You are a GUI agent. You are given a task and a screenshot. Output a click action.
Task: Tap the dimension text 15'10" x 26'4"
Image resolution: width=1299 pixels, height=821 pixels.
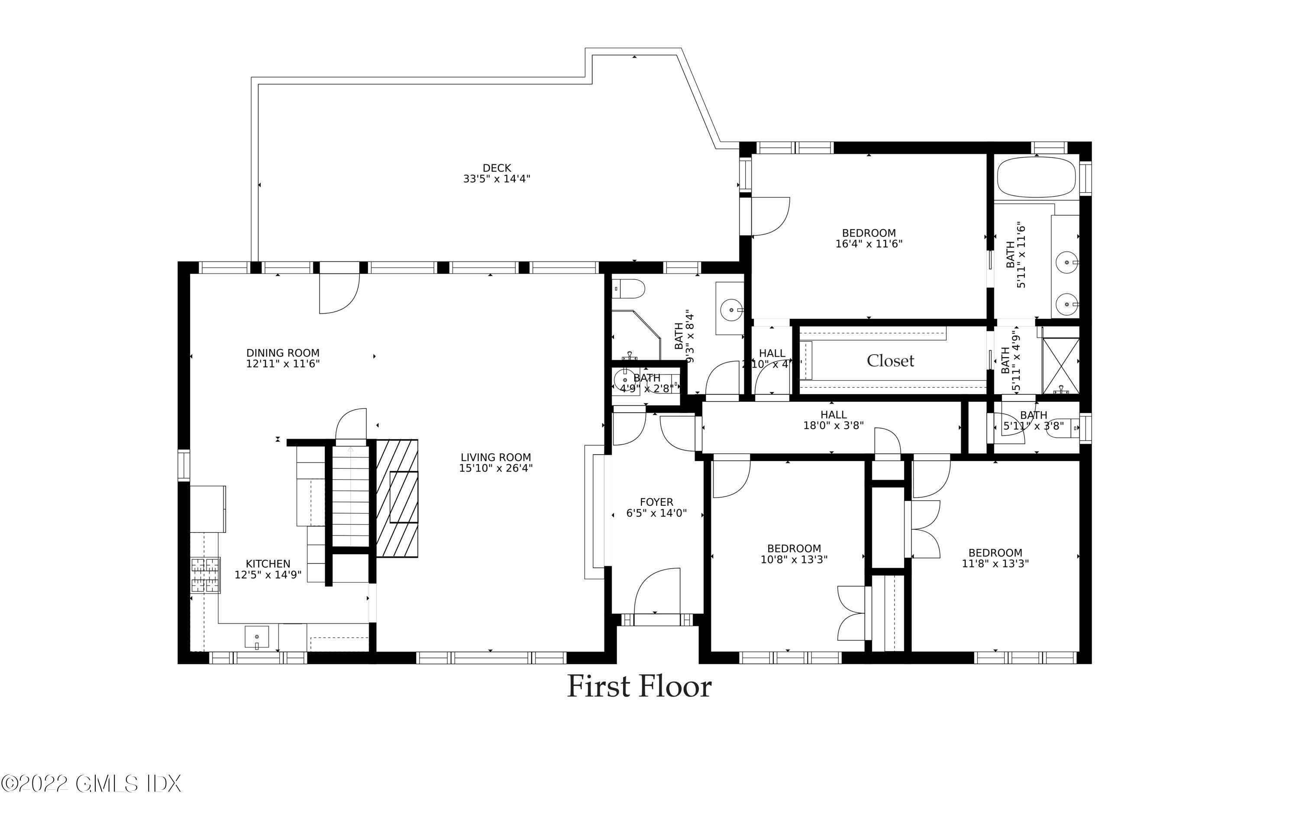(495, 468)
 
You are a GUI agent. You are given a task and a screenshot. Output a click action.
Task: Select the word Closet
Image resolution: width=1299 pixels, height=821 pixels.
(890, 361)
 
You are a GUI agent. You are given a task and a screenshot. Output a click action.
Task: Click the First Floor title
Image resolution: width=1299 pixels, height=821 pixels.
(639, 687)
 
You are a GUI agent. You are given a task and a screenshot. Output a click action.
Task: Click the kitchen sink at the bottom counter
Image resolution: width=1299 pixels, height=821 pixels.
(257, 637)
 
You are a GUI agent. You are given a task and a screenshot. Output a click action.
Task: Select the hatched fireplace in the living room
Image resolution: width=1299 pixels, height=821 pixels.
(397, 498)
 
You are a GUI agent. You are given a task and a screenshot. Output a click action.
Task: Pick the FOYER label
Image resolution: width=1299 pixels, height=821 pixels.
(656, 502)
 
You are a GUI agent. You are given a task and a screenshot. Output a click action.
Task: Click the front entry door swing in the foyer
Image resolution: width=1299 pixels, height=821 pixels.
(656, 591)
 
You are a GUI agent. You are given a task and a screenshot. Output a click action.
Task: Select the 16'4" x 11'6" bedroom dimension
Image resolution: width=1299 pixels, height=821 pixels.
(869, 244)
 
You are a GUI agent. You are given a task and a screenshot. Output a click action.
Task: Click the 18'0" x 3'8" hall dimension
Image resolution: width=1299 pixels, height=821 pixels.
(833, 425)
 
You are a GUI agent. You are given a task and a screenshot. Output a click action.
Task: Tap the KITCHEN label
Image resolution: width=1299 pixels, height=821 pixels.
(268, 564)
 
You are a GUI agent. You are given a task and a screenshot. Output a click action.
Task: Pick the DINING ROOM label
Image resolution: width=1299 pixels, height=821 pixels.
(283, 353)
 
